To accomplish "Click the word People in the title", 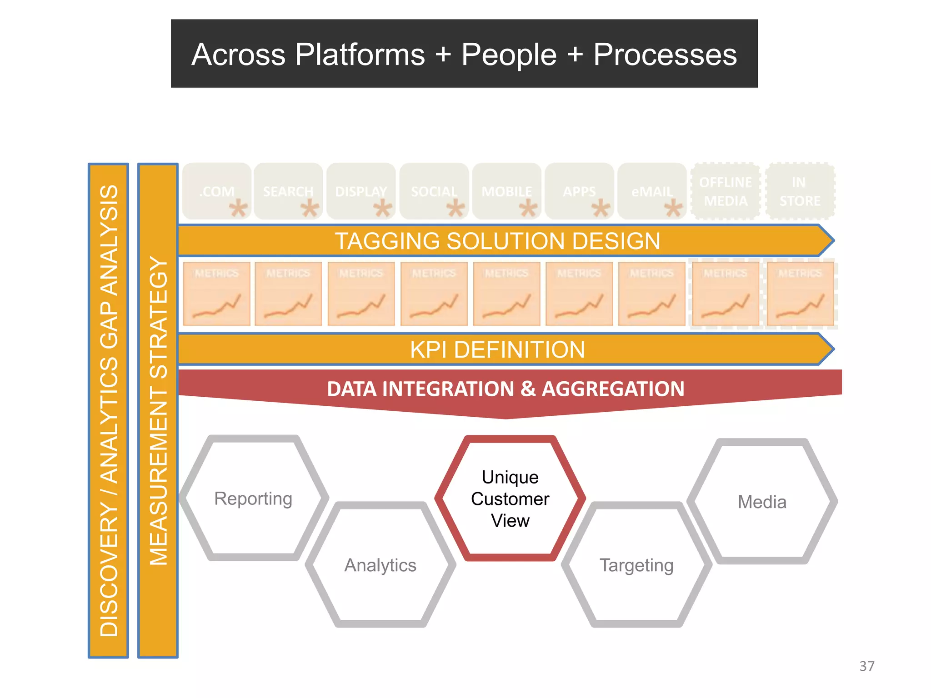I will click(509, 55).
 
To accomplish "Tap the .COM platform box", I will click(217, 191).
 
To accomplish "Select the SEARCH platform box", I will click(288, 191).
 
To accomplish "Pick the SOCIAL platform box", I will click(434, 191).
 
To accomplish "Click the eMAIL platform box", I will click(652, 191).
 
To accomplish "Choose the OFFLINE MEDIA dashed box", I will click(726, 191).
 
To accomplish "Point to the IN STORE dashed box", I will click(800, 191).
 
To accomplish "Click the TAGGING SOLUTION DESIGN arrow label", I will click(497, 241).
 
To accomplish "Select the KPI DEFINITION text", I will click(497, 349).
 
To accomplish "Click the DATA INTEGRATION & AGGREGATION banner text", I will click(506, 389).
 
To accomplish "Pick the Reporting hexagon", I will click(253, 499).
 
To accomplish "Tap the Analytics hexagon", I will click(380, 565).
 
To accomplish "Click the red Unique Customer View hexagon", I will click(510, 499).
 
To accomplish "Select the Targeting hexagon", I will click(636, 565).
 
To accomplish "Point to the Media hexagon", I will click(762, 502).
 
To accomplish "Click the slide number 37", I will click(866, 666).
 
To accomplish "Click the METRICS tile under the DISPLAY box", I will click(361, 293).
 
